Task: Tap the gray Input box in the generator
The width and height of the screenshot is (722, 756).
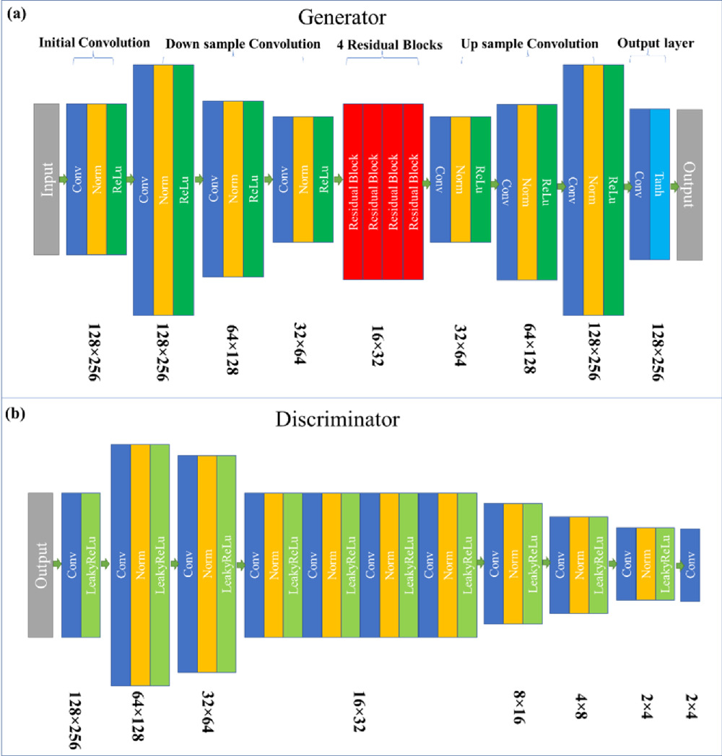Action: click(x=46, y=179)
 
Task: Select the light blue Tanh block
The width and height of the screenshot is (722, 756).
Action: click(x=661, y=184)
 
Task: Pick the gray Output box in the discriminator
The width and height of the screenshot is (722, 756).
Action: click(x=40, y=564)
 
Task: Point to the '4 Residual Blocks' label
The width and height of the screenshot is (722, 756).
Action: click(x=380, y=44)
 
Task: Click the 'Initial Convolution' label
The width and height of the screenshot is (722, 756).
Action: click(x=94, y=43)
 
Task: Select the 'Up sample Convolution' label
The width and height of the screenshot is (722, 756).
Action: click(x=529, y=44)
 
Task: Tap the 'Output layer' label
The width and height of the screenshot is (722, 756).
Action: click(x=656, y=43)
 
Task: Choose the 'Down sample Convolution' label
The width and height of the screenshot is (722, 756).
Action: click(x=243, y=44)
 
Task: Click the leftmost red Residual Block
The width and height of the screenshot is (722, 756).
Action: click(x=353, y=191)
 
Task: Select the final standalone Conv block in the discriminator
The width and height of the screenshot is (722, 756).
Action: click(x=690, y=565)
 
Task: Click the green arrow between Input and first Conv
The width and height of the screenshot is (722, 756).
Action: click(x=62, y=179)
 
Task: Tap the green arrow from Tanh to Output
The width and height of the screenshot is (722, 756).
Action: click(x=673, y=185)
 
